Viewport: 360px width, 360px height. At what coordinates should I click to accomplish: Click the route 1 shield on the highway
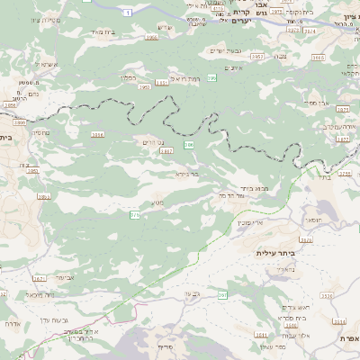coord(129,12)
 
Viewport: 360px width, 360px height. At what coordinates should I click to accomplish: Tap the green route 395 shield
coord(211,79)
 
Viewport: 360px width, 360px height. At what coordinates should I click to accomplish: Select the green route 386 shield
coord(188,144)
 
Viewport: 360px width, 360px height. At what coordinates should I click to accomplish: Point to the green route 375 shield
coord(135,215)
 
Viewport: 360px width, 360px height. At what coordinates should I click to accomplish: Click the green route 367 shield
coord(222,295)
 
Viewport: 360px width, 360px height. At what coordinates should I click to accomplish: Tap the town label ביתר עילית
coord(275,254)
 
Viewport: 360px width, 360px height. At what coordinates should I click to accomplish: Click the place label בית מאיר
coord(104,31)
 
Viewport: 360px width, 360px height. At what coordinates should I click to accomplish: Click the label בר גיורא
coord(186,173)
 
